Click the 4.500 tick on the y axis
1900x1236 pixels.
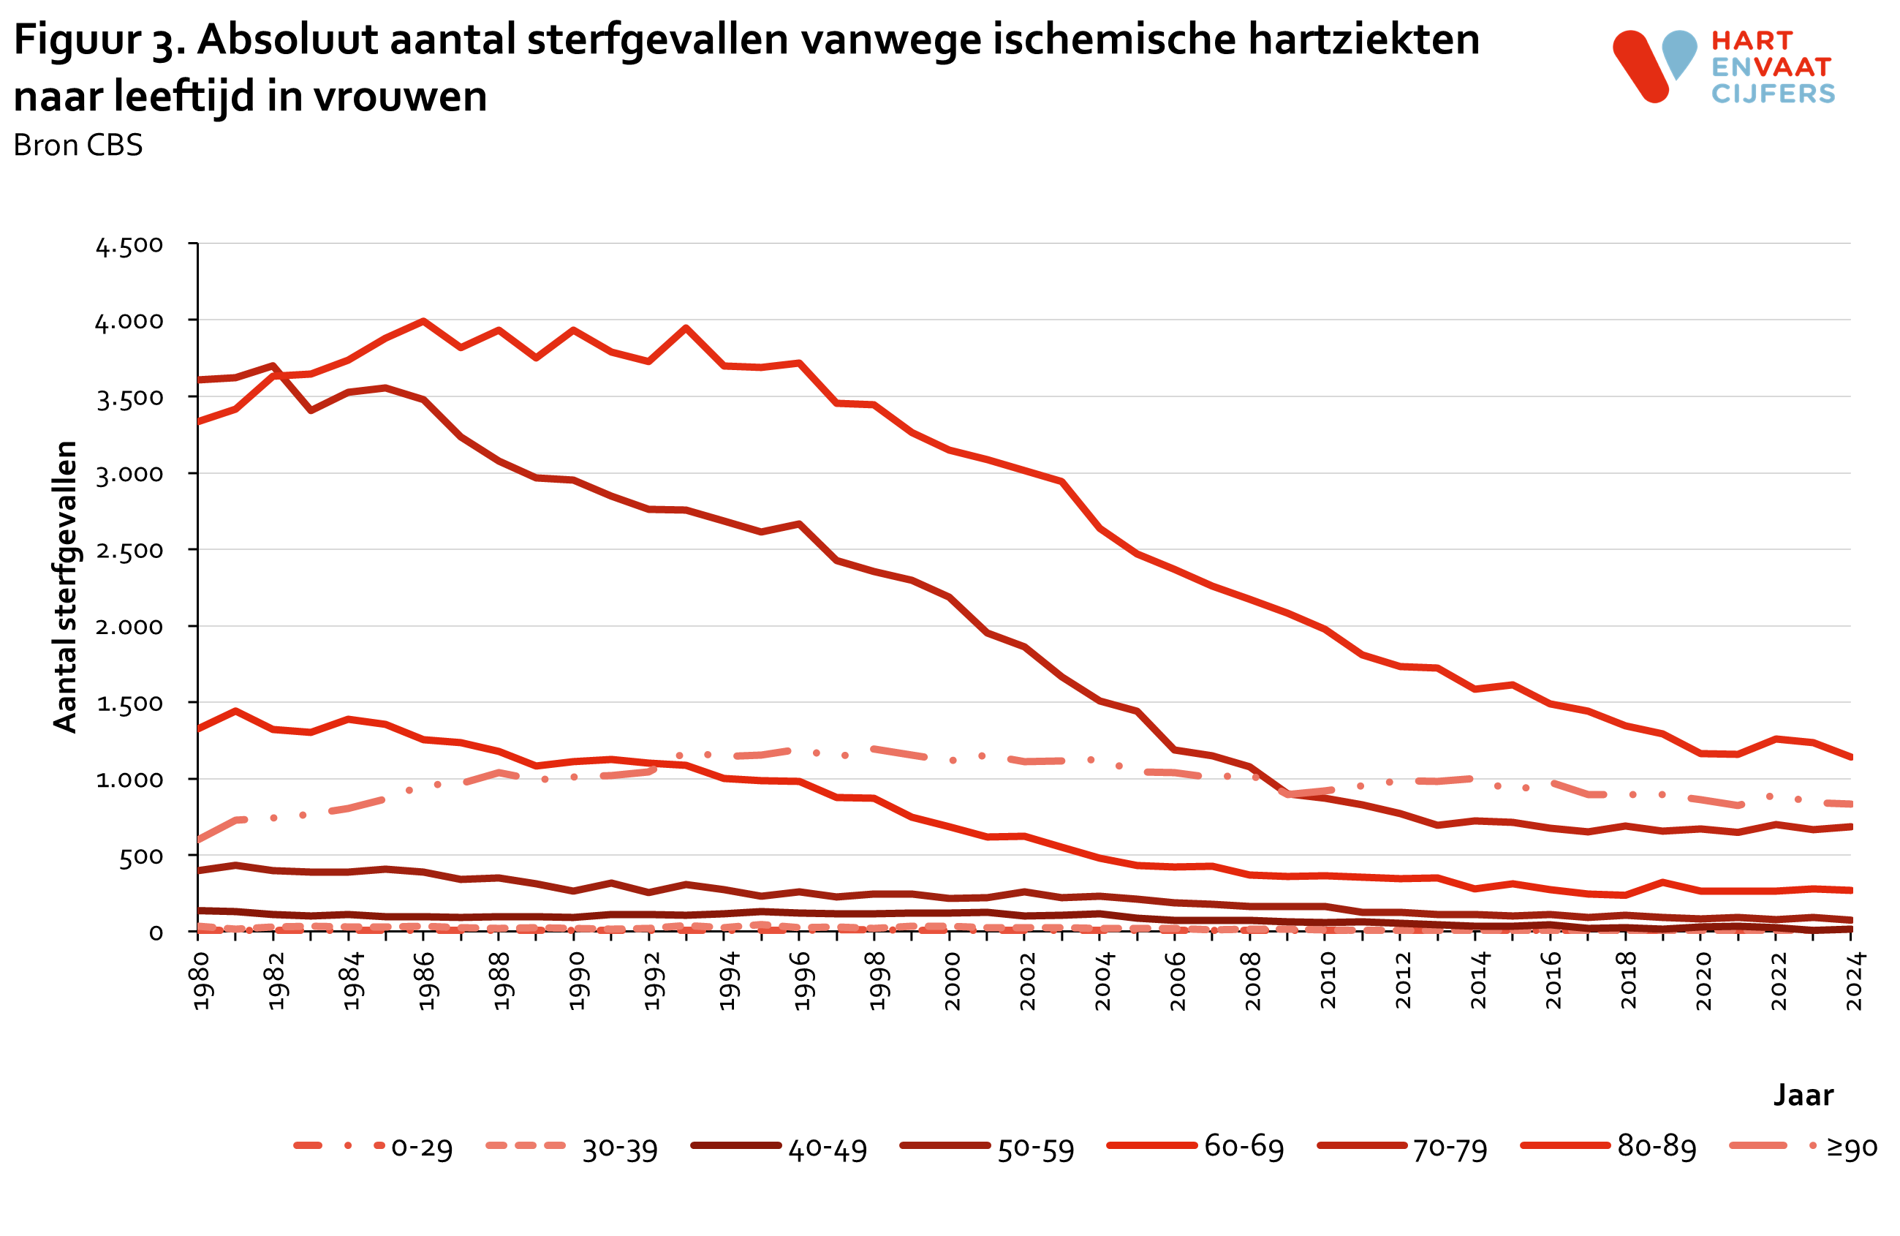click(129, 245)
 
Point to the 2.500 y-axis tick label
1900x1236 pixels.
click(129, 551)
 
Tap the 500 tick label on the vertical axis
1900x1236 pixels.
click(140, 856)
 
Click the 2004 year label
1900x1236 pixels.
click(1102, 981)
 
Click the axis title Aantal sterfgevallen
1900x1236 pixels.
click(64, 587)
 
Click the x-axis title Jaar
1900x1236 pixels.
click(1804, 1095)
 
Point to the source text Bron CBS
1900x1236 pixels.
click(77, 146)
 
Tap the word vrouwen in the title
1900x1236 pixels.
click(399, 97)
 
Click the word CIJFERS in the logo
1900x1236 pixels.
click(1773, 94)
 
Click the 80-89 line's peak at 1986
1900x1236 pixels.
click(423, 321)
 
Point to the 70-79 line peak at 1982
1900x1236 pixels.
click(273, 366)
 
